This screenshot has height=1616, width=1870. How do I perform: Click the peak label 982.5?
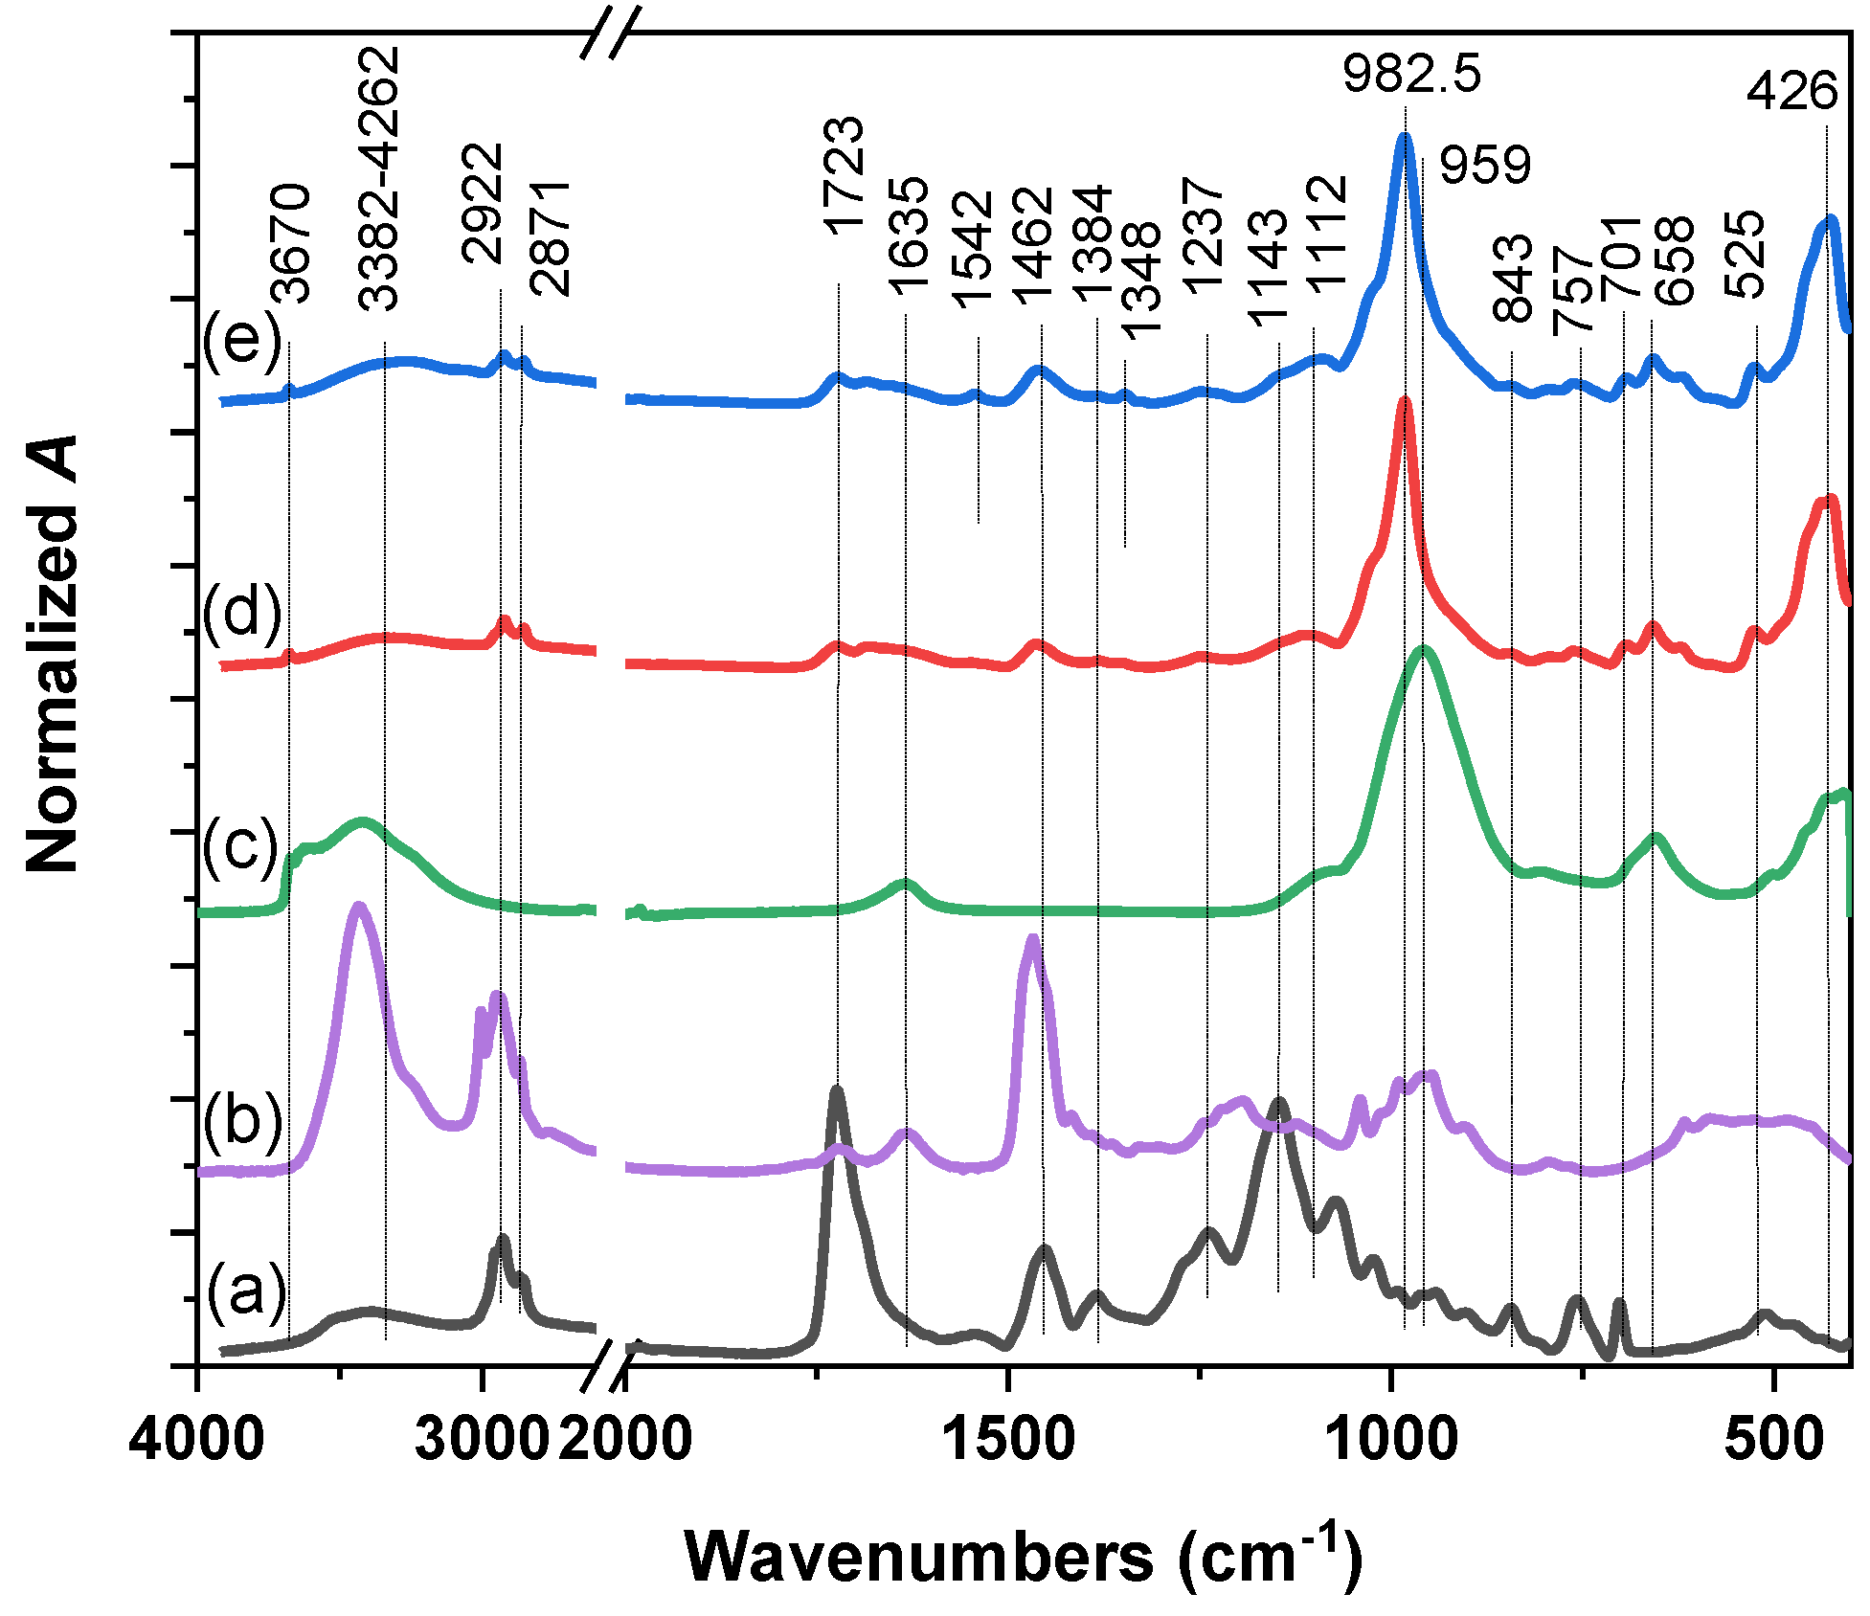click(1410, 74)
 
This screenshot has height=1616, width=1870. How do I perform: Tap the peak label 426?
click(1791, 93)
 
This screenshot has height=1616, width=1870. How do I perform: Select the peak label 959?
click(1485, 166)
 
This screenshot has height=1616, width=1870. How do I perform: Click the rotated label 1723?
click(844, 176)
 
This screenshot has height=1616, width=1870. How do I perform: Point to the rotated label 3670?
click(290, 243)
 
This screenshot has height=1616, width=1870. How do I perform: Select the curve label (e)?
click(242, 341)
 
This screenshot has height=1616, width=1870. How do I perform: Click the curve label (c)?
click(240, 846)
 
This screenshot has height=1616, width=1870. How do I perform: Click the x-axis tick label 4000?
click(196, 1439)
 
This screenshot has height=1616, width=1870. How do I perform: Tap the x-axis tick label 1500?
click(1008, 1439)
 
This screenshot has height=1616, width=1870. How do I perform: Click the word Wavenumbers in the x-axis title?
click(919, 1557)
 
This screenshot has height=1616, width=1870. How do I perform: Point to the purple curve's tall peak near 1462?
click(1031, 938)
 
